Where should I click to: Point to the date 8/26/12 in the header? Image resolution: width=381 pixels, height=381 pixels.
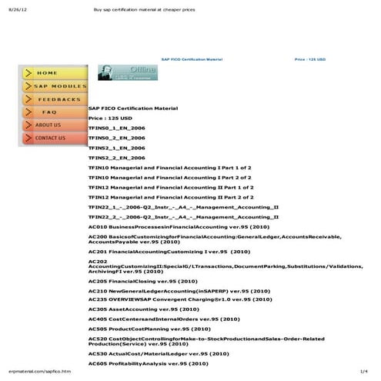[15, 9]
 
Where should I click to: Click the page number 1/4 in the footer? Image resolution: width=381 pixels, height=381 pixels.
[364, 372]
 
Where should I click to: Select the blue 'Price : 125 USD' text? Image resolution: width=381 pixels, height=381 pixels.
[310, 58]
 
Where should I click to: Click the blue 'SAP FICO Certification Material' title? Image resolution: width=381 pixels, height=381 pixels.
[191, 58]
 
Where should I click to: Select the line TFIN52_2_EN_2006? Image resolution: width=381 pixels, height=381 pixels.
[116, 157]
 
